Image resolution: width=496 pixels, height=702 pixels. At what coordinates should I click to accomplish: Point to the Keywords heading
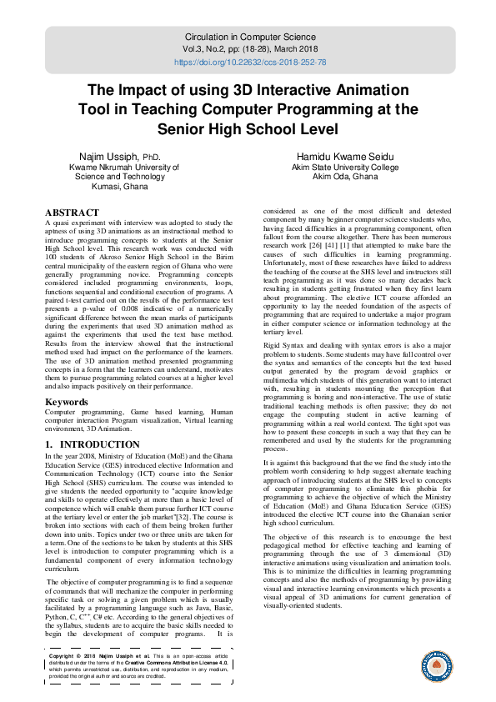click(68, 401)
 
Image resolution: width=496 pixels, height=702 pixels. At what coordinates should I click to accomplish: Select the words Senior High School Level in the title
click(248, 129)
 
